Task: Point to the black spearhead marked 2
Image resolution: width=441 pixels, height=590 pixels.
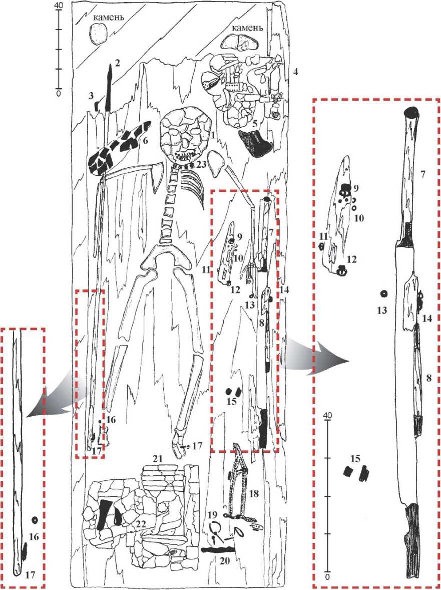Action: [110, 87]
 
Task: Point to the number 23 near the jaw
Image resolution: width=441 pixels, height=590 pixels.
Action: [201, 164]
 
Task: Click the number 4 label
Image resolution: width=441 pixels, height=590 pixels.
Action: [296, 72]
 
